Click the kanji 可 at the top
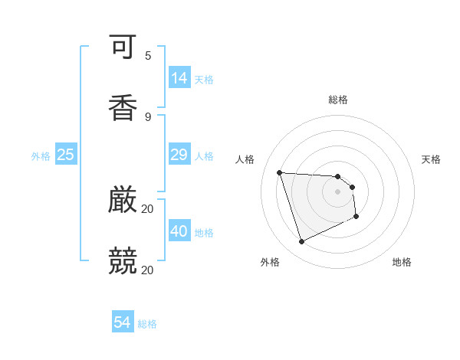[123, 48]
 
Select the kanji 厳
[123, 201]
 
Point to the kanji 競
[123, 260]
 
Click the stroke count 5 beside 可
[148, 56]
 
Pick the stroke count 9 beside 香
[148, 116]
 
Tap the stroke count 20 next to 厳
[148, 208]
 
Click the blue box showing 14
[179, 77]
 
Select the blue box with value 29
[179, 155]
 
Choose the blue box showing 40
[179, 231]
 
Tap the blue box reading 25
[66, 155]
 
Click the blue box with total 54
[123, 322]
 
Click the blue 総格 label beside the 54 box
[147, 324]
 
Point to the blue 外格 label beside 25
[41, 156]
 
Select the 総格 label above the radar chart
[338, 100]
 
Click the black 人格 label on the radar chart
[245, 159]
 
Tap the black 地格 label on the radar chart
[402, 262]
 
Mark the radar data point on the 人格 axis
[280, 172]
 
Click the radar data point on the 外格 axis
[301, 242]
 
